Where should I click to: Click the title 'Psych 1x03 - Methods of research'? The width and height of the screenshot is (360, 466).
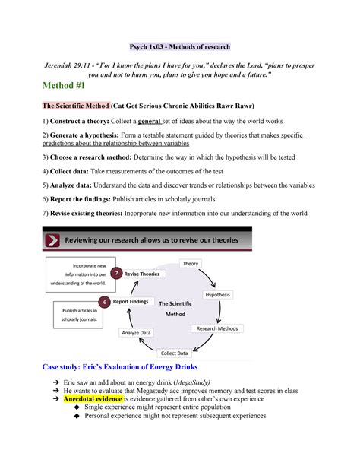[179, 46]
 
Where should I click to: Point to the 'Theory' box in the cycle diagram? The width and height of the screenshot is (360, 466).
[190, 264]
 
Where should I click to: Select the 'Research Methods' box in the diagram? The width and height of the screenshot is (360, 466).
[217, 329]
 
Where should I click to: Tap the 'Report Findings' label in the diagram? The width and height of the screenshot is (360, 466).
[131, 302]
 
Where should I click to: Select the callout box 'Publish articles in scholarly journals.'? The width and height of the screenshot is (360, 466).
[79, 314]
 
